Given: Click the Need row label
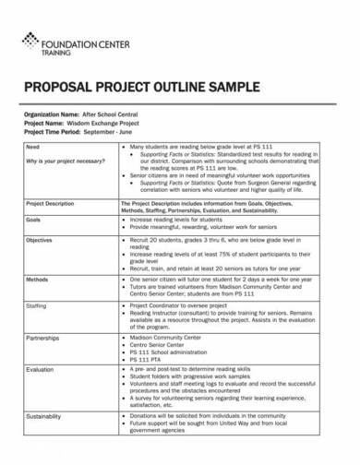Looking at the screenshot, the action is [33, 148].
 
